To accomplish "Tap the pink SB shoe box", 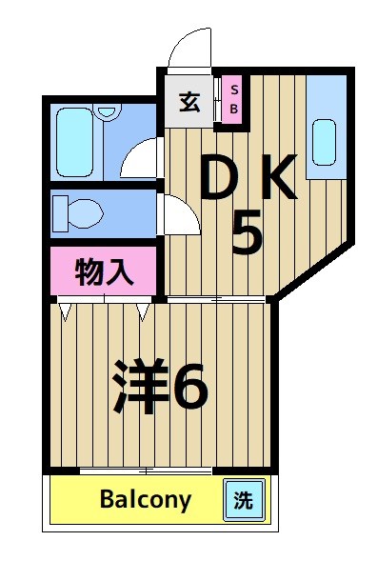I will pos(234,100).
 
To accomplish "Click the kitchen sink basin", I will pos(326,141).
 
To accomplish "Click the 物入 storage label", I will pos(103,272).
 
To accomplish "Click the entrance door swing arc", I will pos(188,48).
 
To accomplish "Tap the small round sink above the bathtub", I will pos(107,110).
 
